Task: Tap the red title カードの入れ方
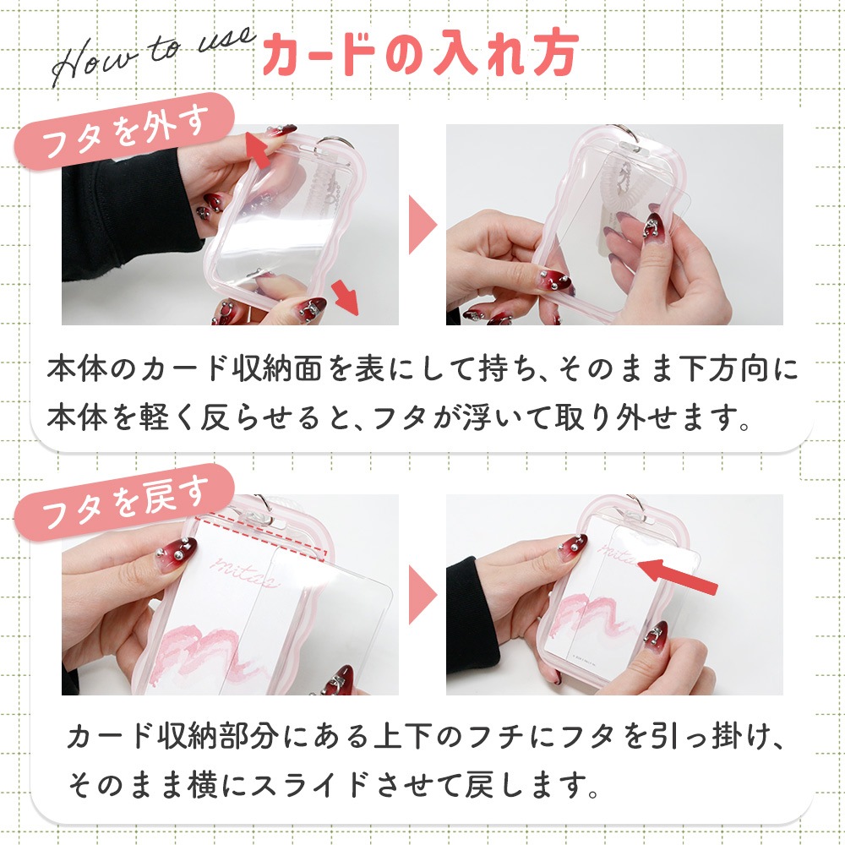[421, 53]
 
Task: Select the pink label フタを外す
[124, 131]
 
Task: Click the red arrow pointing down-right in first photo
[345, 297]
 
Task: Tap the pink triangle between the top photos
[422, 225]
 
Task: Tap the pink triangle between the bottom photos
[422, 595]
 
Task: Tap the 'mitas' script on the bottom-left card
[245, 571]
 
